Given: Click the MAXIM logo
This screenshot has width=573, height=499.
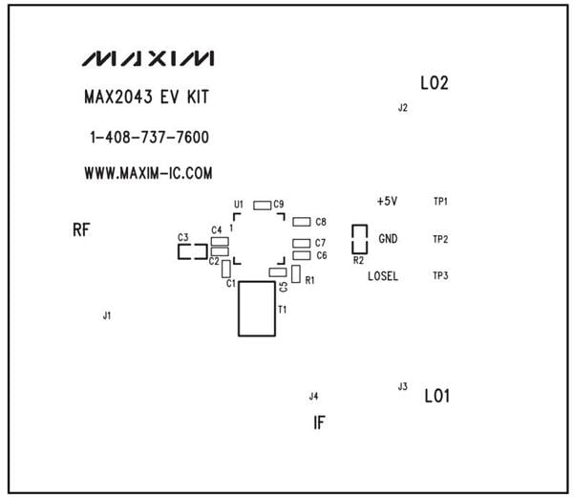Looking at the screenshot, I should pyautogui.click(x=148, y=59).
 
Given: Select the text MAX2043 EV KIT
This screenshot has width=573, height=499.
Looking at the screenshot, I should pyautogui.click(x=146, y=98).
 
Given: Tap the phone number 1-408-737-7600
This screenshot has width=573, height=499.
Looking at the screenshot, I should pyautogui.click(x=149, y=138).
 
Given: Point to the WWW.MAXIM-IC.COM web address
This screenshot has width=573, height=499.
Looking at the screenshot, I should pyautogui.click(x=148, y=174).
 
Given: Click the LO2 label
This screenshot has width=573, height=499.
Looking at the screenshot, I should pyautogui.click(x=435, y=83).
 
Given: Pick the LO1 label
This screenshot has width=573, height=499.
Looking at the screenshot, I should pyautogui.click(x=437, y=394).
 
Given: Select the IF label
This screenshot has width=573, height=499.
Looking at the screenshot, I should pyautogui.click(x=320, y=421).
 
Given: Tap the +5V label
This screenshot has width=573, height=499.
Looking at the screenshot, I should pyautogui.click(x=387, y=202).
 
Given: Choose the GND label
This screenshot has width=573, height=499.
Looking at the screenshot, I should pyautogui.click(x=389, y=238).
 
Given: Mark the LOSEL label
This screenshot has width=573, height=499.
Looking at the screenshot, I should pyautogui.click(x=384, y=276).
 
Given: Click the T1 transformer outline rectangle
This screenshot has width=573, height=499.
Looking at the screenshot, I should pyautogui.click(x=256, y=309).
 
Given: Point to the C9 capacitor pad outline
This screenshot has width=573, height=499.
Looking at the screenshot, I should pyautogui.click(x=262, y=205).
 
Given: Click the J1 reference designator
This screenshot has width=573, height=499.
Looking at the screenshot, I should pyautogui.click(x=107, y=315).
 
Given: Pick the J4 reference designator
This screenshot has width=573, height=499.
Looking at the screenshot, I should pyautogui.click(x=313, y=396).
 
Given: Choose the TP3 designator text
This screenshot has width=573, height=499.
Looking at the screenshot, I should pyautogui.click(x=440, y=276).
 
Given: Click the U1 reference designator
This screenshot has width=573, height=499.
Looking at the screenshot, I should pyautogui.click(x=239, y=205).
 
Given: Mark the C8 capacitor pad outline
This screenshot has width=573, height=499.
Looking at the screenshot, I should pyautogui.click(x=302, y=222).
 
